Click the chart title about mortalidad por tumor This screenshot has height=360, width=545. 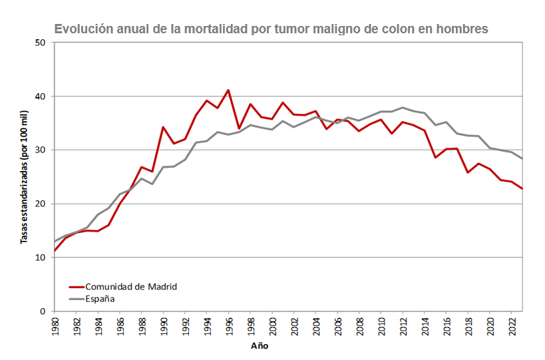point(271,29)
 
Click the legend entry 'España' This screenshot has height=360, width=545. point(100,299)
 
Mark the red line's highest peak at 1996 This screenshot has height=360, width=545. point(228,90)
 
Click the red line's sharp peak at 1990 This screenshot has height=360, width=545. point(163,127)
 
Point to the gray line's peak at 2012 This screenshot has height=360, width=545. point(403,107)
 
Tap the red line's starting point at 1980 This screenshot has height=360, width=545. point(55,251)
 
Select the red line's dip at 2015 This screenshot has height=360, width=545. point(435,158)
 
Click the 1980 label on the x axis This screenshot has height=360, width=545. point(55,325)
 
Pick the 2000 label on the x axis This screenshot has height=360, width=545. point(272,325)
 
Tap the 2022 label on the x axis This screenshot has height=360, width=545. point(511,325)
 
